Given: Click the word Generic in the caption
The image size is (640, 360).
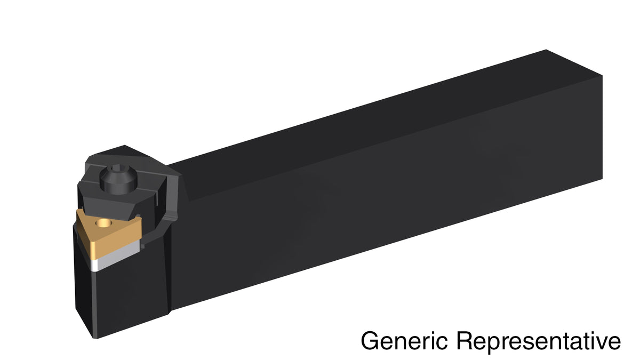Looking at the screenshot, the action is (404, 340).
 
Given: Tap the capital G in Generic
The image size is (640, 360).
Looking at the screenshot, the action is (369, 340).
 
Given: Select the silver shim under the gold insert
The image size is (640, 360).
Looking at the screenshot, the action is (116, 255).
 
